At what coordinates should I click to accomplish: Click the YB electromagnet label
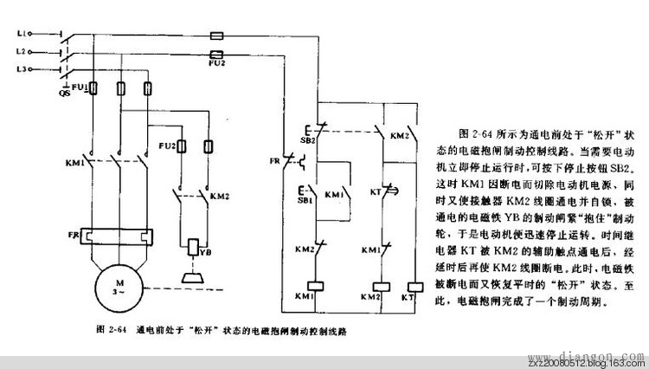pos(206,252)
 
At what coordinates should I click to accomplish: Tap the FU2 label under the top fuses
pos(217,62)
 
